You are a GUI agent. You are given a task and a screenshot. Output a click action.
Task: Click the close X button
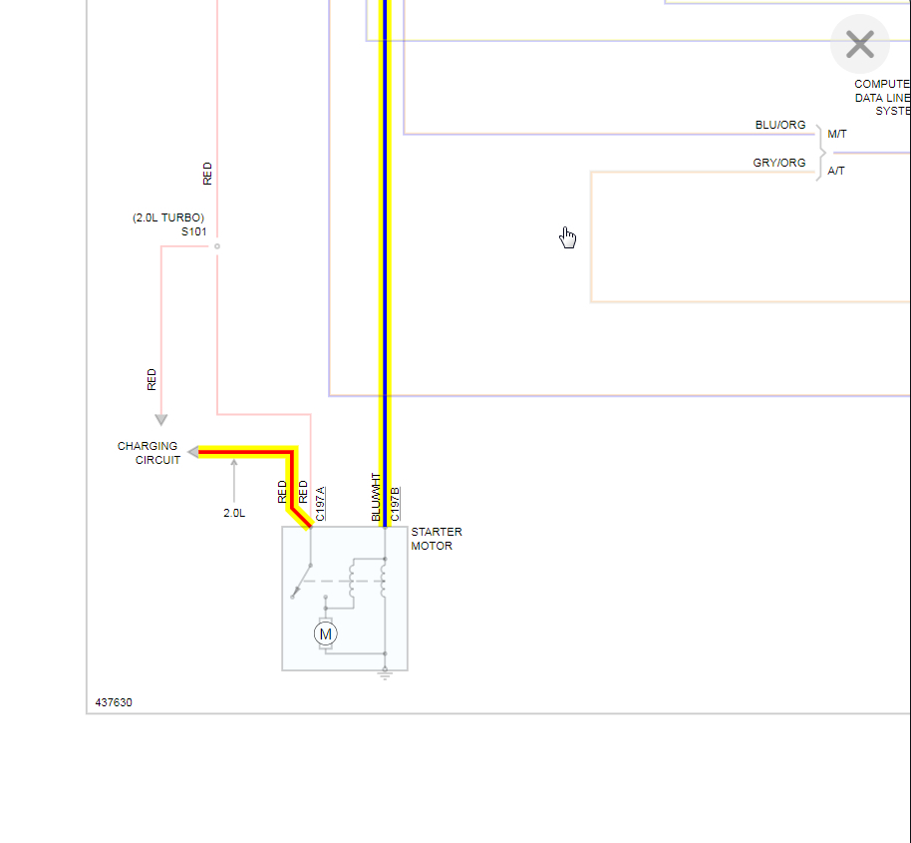[859, 44]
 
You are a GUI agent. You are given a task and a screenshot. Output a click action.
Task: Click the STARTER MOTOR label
[436, 539]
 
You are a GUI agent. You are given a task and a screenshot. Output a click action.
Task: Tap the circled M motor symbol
[325, 633]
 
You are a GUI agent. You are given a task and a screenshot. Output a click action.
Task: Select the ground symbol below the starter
[385, 675]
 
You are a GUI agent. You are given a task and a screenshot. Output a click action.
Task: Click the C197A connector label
[320, 504]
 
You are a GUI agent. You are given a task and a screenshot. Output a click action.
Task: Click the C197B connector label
[395, 504]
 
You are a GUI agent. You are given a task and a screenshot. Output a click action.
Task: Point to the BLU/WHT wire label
[376, 497]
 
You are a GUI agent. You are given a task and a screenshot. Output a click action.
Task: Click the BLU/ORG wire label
[779, 125]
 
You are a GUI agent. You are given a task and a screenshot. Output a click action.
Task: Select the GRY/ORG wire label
[778, 163]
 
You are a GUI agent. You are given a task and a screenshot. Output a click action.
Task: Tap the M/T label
[836, 134]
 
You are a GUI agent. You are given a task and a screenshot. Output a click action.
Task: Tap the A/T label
[836, 171]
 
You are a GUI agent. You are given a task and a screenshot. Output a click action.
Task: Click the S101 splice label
[193, 231]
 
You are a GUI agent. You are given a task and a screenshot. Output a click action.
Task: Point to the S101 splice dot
[217, 246]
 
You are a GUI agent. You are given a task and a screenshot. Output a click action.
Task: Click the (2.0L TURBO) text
[168, 217]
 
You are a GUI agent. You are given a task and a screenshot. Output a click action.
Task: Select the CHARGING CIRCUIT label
[149, 453]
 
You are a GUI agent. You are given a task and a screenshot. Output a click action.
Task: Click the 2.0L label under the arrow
[234, 513]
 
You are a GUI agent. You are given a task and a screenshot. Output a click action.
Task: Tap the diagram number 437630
[114, 702]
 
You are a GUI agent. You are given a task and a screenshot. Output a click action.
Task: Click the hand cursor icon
[567, 236]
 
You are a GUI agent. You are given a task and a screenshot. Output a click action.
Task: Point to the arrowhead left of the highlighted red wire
[192, 452]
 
